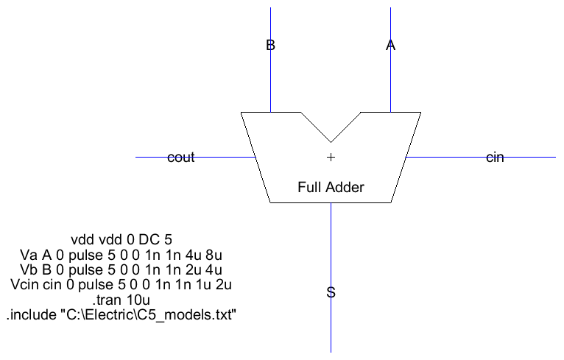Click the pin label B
(x=270, y=46)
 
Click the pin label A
(x=390, y=46)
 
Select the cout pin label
(x=181, y=158)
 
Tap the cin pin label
(x=495, y=158)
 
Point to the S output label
(x=331, y=293)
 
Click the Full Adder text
(x=331, y=187)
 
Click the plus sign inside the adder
(x=331, y=157)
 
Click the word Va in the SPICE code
(x=28, y=255)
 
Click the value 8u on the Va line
(x=214, y=255)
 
